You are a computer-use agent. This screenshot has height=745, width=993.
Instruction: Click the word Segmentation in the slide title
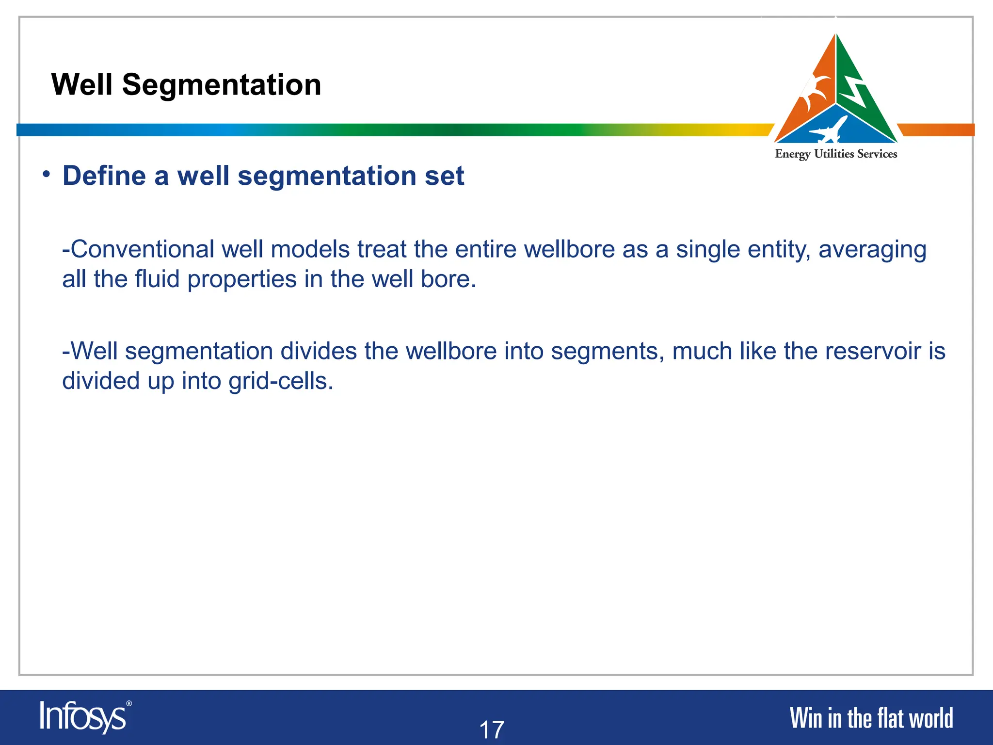pos(222,85)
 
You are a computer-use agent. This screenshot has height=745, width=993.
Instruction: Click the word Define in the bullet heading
pos(104,176)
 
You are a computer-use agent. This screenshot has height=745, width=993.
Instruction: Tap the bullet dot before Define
pos(46,174)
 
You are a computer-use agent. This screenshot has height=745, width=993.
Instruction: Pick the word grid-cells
pos(281,381)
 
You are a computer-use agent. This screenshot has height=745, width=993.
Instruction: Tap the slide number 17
pos(492,729)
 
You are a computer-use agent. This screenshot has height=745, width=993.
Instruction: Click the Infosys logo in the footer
pos(83,717)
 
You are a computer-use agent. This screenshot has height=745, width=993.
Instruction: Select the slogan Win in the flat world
pos(871,718)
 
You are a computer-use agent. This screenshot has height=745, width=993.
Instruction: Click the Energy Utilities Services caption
pos(836,154)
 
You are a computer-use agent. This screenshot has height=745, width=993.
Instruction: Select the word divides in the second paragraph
pos(319,351)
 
